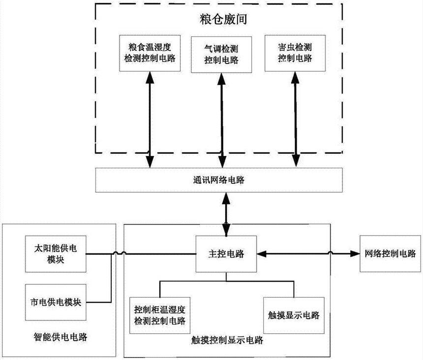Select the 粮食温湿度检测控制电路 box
click(x=149, y=53)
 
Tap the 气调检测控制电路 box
click(x=221, y=54)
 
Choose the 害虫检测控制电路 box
click(x=294, y=53)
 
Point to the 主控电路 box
click(x=226, y=254)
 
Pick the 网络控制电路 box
click(x=390, y=253)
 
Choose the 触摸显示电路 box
click(x=294, y=315)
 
